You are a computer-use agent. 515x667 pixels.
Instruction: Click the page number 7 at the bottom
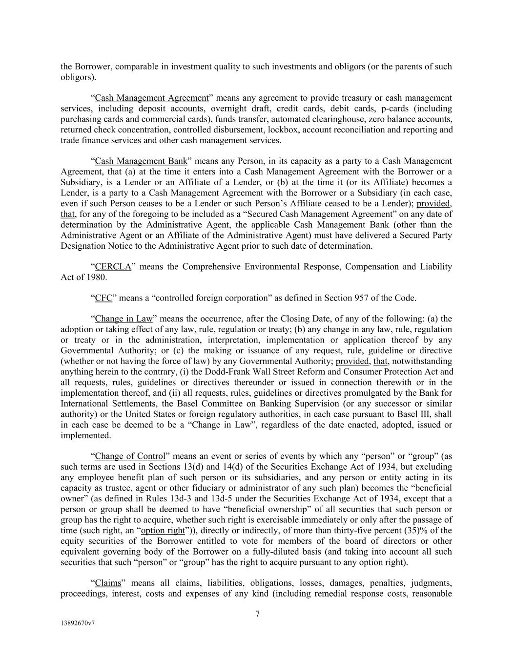[257, 614]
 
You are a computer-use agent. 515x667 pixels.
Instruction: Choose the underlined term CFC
[103, 298]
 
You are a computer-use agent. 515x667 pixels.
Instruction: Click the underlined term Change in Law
[124, 319]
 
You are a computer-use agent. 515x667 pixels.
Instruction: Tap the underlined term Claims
[108, 583]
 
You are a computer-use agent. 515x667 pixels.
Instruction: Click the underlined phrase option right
[163, 530]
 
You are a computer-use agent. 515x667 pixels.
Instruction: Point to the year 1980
[96, 277]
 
